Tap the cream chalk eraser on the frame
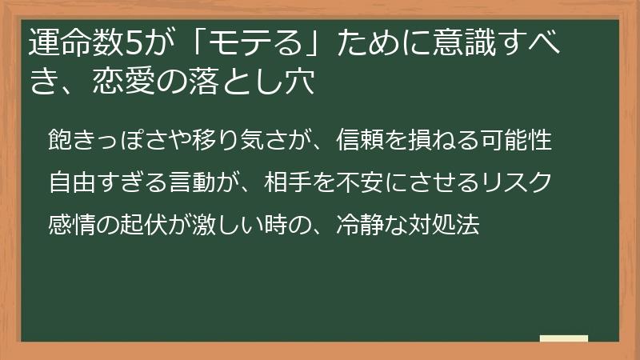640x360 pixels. [564, 339]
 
